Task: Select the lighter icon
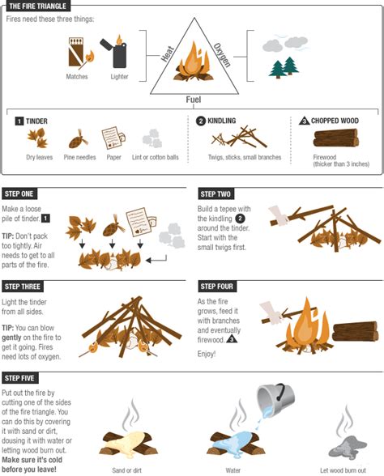pos(118,53)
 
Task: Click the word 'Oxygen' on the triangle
pos(223,52)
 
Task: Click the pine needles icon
pos(79,138)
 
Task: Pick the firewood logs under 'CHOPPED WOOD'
pos(335,138)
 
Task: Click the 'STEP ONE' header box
pos(20,194)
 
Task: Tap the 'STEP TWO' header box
pos(216,194)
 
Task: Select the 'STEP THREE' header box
pos(23,287)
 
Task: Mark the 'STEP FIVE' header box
pos(21,378)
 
